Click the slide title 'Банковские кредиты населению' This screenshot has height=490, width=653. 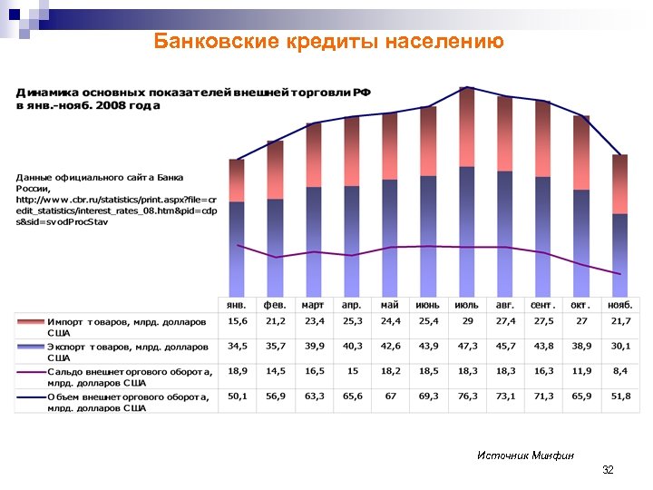coord(327,41)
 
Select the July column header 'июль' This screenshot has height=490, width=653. coord(467,305)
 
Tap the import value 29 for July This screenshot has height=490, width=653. coord(467,322)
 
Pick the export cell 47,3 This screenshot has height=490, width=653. coord(467,347)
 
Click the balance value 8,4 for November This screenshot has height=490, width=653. coord(620,371)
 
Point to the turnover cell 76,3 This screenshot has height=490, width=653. coord(467,396)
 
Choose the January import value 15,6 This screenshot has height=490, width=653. coord(238,322)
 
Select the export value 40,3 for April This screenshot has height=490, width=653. coord(353,347)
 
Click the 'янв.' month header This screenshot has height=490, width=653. coord(238,305)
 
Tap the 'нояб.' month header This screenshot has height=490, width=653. coord(620,305)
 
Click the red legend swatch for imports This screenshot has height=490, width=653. coord(30,322)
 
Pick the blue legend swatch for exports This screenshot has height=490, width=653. coord(30,347)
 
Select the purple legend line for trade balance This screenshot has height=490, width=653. coord(30,371)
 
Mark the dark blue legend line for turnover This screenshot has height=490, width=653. coord(30,396)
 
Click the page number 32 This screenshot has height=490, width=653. coord(608,470)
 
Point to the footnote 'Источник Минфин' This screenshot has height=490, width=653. coord(526,455)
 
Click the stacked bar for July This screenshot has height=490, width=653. coord(467,191)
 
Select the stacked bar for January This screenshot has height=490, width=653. coord(237,227)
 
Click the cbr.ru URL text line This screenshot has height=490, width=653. coord(116,199)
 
